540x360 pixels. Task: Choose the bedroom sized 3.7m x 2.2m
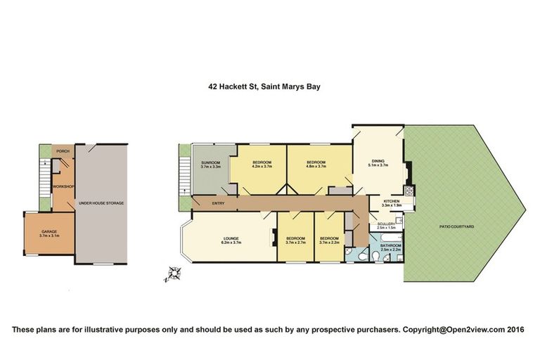click(329, 240)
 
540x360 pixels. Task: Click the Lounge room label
click(232, 240)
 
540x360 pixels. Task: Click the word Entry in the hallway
click(217, 203)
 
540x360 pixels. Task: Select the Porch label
click(63, 150)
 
